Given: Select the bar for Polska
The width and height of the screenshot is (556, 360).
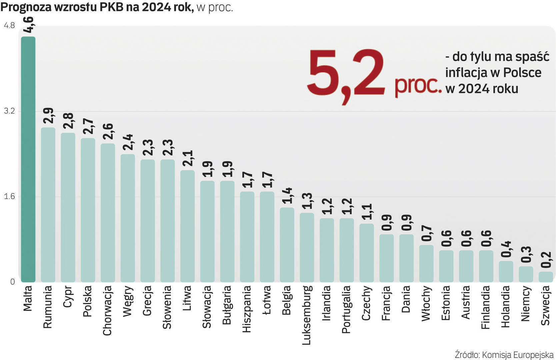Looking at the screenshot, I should (x=88, y=210).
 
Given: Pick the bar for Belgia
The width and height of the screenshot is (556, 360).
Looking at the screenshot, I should (x=287, y=245).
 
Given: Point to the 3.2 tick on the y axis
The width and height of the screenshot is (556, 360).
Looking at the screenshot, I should (x=9, y=111).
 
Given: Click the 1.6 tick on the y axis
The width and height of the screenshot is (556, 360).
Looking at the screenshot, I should (x=9, y=196).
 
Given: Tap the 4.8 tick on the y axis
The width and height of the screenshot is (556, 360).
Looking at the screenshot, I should (x=9, y=25).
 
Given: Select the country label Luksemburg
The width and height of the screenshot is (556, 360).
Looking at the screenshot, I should (x=307, y=315).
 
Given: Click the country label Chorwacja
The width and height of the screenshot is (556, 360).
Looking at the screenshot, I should (x=107, y=310).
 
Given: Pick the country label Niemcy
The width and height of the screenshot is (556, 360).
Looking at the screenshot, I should (x=525, y=303).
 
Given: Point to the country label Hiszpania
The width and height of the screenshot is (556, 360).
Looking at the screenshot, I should (x=247, y=309).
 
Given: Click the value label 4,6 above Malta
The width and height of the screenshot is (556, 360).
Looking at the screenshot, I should (x=29, y=25).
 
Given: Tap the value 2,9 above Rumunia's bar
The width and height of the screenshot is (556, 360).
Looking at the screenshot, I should (x=48, y=116).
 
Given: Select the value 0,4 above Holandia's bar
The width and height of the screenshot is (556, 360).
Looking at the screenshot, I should (x=506, y=249).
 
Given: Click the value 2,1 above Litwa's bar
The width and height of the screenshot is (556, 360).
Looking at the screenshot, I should (x=188, y=158).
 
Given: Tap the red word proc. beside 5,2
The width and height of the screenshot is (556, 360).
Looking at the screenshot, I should (x=418, y=85).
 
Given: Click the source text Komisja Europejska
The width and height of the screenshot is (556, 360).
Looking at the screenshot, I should (x=517, y=354).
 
